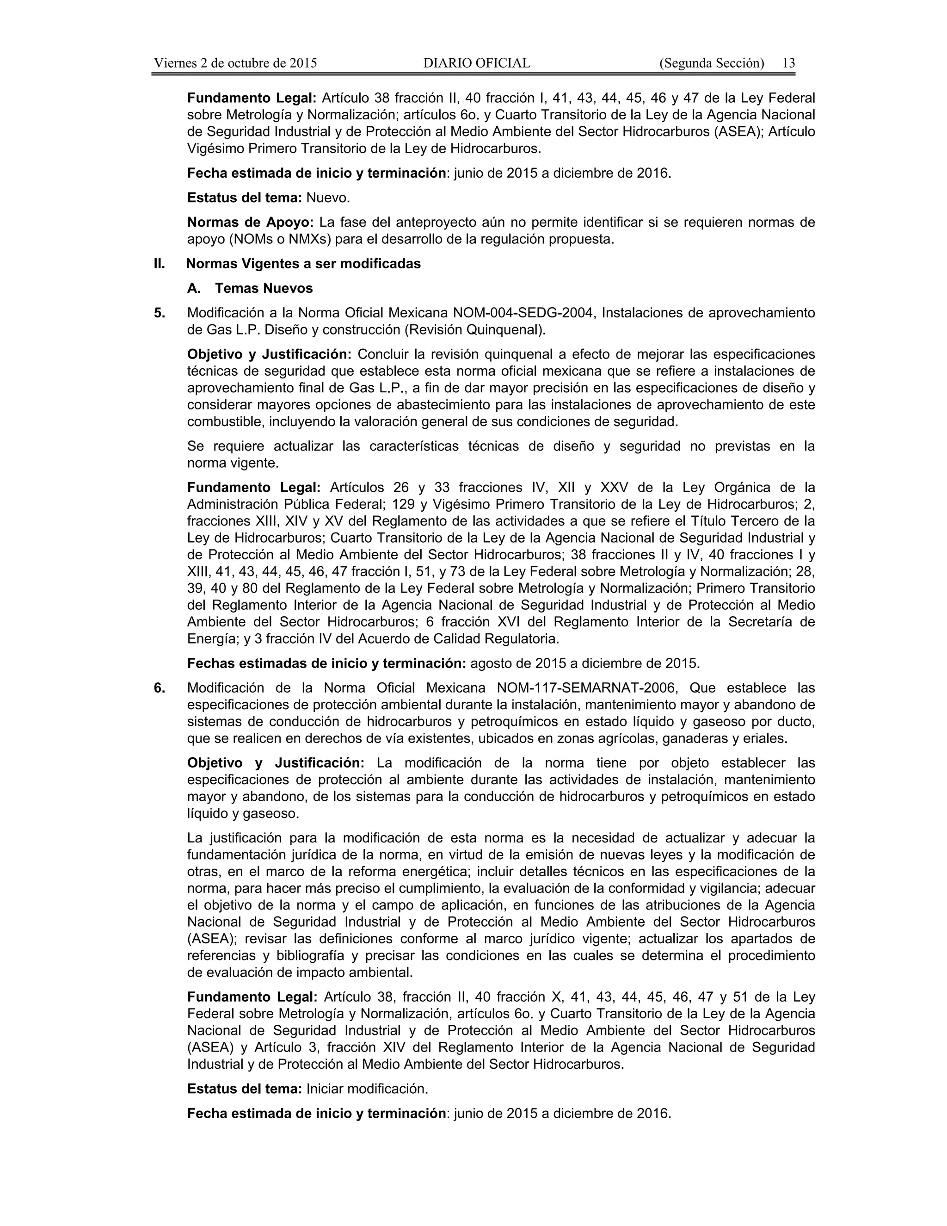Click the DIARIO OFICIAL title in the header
pyautogui.click(x=476, y=63)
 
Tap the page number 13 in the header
pyautogui.click(x=788, y=63)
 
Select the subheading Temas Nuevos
pyautogui.click(x=264, y=289)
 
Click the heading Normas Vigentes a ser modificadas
pyautogui.click(x=303, y=264)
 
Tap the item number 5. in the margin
pyautogui.click(x=160, y=313)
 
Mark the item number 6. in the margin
pyautogui.click(x=160, y=687)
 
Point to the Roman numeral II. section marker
pyautogui.click(x=160, y=264)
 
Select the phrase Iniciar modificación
pyautogui.click(x=367, y=1089)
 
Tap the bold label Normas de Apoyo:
pyautogui.click(x=250, y=222)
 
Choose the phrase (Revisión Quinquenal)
pyautogui.click(x=474, y=329)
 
